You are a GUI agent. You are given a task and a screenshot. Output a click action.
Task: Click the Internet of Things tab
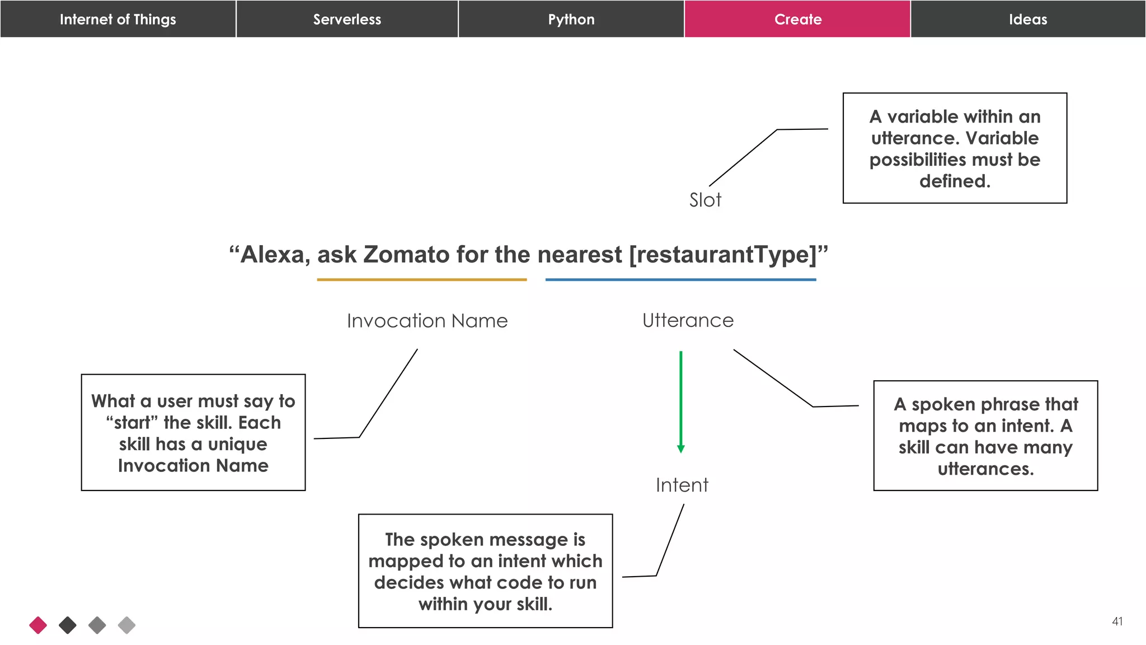point(118,19)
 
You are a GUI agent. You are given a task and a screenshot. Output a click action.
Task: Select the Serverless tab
point(347,19)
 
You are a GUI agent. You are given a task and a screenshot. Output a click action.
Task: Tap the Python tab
point(571,19)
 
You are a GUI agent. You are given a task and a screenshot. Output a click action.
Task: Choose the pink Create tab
point(797,19)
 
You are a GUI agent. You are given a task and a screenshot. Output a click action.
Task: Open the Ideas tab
point(1028,19)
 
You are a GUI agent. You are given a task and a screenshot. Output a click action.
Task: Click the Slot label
point(705,200)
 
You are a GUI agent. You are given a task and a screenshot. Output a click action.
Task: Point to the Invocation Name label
point(427,321)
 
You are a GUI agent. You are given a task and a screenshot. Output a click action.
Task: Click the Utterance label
point(688,320)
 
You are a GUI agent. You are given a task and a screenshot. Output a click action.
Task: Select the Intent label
point(682,485)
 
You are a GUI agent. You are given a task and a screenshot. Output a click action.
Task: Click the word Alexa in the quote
point(274,255)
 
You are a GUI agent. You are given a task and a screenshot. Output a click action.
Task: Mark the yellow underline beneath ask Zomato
point(421,279)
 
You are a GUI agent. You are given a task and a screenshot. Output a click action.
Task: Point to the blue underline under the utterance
point(680,279)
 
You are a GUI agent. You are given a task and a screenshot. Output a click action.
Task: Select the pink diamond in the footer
point(38,625)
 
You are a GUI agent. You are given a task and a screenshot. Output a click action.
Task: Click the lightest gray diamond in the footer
point(127,625)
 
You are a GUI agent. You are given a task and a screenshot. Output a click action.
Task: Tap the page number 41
point(1117,621)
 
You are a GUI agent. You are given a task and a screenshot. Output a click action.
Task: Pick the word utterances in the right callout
point(985,469)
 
